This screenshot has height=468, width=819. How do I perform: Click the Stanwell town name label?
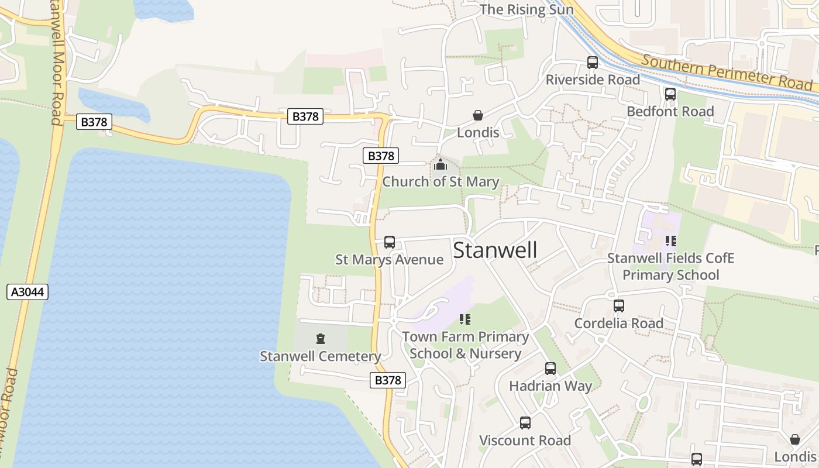[x=495, y=250]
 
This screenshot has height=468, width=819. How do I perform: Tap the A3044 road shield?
[x=27, y=292]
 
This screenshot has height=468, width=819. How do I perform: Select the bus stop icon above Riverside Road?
[x=593, y=63]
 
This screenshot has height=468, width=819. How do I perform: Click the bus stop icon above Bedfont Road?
[x=670, y=94]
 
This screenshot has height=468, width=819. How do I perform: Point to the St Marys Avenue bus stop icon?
[x=390, y=242]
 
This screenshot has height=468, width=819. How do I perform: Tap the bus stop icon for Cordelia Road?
[x=619, y=306]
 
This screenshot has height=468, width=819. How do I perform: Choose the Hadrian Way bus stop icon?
[x=550, y=369]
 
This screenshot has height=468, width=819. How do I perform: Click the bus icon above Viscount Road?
[x=525, y=423]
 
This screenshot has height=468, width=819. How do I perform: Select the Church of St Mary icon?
[x=441, y=164]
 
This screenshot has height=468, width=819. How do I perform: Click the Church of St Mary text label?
[x=441, y=182]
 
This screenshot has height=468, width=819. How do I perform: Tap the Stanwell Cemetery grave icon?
[x=320, y=338]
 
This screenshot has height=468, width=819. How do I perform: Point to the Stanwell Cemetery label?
[x=320, y=356]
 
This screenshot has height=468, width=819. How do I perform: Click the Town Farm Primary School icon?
[x=465, y=319]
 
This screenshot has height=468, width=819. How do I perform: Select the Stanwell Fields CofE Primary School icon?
[x=670, y=240]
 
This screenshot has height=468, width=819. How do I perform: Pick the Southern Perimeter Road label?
[x=727, y=73]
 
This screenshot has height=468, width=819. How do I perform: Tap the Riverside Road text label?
[x=593, y=80]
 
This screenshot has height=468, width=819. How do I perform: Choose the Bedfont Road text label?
[x=670, y=111]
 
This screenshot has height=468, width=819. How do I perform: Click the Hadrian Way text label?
[x=550, y=386]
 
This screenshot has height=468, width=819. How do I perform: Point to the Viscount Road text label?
[x=525, y=441]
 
